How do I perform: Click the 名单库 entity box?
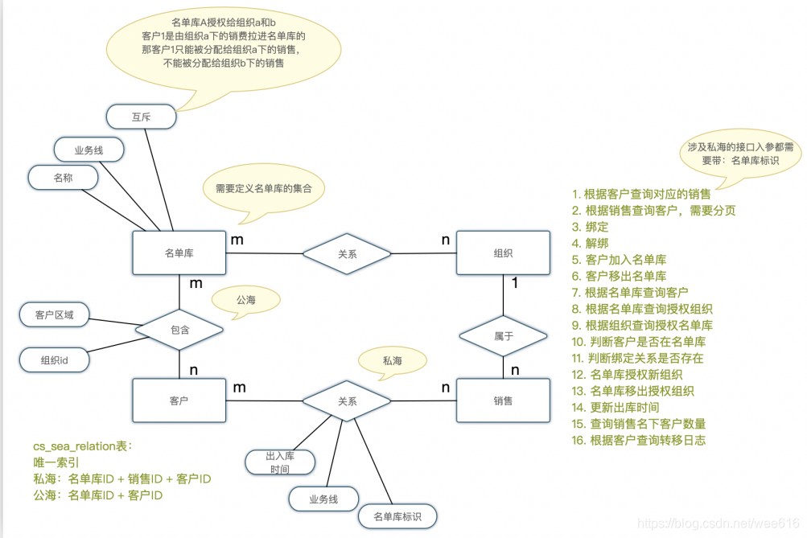179,253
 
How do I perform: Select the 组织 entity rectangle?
503,253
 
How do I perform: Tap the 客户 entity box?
179,400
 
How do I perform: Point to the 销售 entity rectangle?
503,400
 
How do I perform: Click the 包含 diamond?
179,330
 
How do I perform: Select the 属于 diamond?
503,336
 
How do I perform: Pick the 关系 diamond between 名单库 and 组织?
347,253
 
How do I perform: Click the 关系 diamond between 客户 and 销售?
347,400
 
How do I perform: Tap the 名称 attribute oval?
63,178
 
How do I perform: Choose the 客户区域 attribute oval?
54,315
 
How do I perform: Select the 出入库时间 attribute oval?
280,462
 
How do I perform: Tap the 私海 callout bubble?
393,361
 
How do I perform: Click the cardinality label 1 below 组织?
514,284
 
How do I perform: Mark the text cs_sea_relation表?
81,446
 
